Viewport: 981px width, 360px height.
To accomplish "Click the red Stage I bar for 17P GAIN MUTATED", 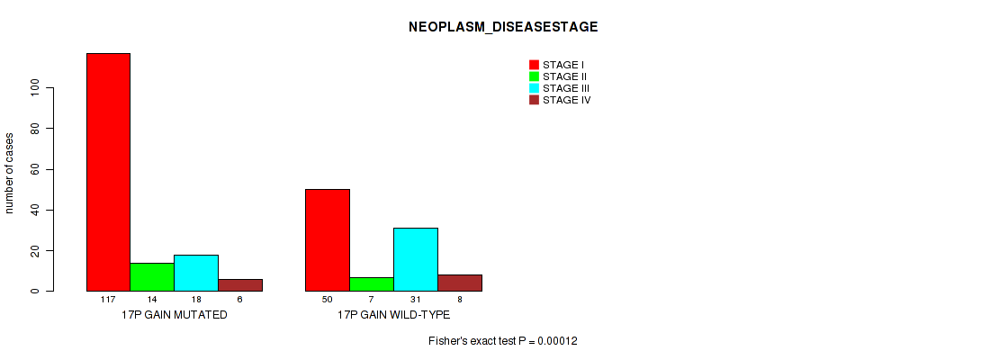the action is point(108,172).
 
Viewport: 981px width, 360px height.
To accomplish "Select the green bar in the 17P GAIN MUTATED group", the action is point(152,276).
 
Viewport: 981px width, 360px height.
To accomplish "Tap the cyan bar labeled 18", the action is point(196,273).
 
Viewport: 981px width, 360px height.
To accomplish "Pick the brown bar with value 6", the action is point(240,285).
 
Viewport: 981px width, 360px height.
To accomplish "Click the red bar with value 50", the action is point(328,239).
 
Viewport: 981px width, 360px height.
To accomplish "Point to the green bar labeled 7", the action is point(372,284).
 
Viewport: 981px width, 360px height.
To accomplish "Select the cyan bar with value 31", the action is point(416,259).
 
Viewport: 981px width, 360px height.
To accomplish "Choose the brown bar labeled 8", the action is point(460,283).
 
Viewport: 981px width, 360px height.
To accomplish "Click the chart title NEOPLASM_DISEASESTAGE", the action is point(503,27).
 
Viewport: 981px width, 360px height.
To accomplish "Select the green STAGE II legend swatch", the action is point(535,76).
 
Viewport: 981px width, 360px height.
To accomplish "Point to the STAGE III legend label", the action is point(566,88).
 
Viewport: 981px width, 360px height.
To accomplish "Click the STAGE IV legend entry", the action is point(560,100).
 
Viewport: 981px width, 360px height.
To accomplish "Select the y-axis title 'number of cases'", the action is point(9,173).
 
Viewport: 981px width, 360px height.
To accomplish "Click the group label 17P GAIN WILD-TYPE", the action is point(393,315).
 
